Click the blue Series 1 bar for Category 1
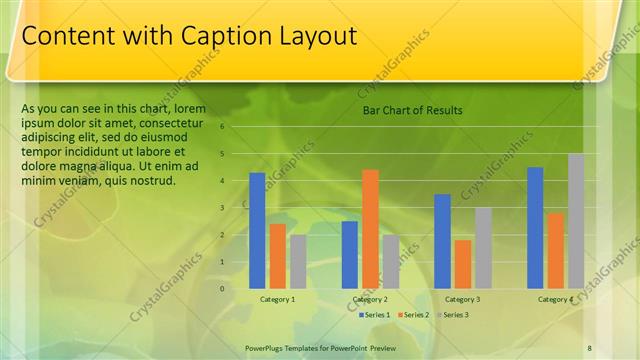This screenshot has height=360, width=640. pyautogui.click(x=257, y=230)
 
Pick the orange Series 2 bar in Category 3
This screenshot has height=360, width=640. pyautogui.click(x=463, y=263)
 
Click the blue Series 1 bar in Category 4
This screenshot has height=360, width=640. pyautogui.click(x=535, y=227)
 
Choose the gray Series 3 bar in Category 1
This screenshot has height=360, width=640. pyautogui.click(x=298, y=261)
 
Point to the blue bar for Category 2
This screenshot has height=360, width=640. pyautogui.click(x=349, y=254)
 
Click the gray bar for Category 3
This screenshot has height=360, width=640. pyautogui.click(x=483, y=247)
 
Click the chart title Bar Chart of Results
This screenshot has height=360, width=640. pyautogui.click(x=412, y=110)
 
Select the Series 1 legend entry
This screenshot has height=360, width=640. pyautogui.click(x=376, y=315)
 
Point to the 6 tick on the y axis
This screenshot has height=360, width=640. pyautogui.click(x=223, y=127)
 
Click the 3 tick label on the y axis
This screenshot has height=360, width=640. pyautogui.click(x=223, y=208)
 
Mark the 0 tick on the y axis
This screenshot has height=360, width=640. pyautogui.click(x=223, y=288)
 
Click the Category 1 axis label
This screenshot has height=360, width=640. pyautogui.click(x=277, y=299)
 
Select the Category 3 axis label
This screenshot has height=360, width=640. pyautogui.click(x=462, y=299)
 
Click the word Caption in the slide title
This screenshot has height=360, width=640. pyautogui.click(x=224, y=37)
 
